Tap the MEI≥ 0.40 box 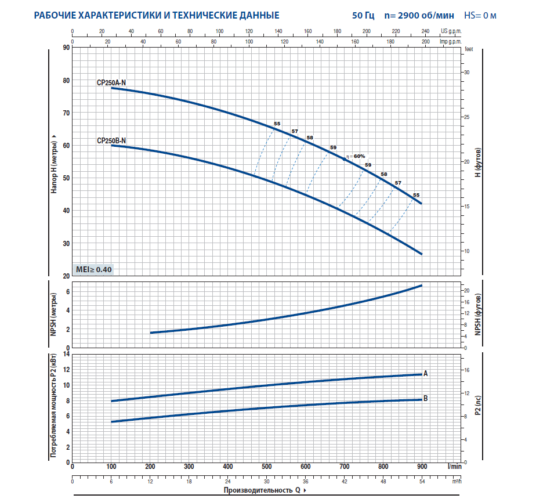click(93, 269)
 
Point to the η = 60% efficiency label click(355, 156)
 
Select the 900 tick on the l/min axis click(422, 466)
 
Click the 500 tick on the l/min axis click(266, 466)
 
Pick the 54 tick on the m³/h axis click(422, 481)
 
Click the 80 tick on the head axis click(66, 81)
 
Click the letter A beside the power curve click(426, 373)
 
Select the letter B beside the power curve click(426, 399)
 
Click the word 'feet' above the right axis click(469, 50)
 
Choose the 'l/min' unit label click(455, 466)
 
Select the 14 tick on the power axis click(66, 353)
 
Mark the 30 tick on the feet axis click(466, 72)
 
